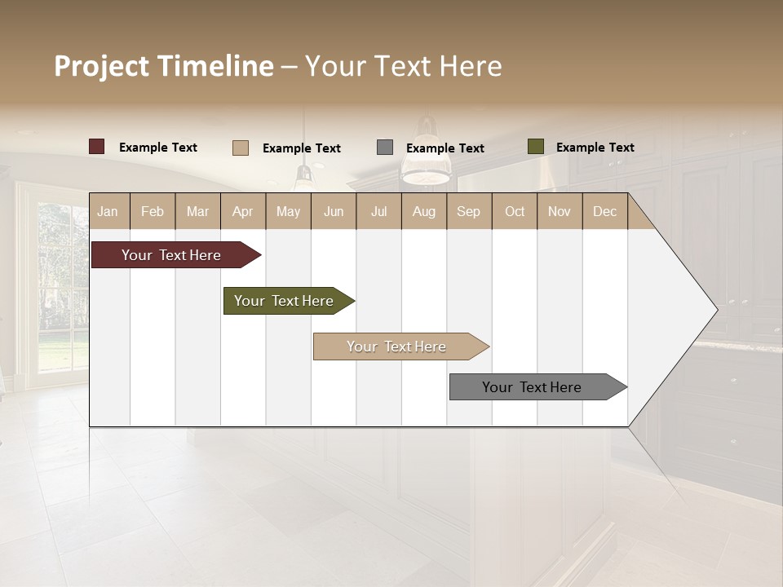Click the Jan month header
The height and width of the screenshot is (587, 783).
[108, 211]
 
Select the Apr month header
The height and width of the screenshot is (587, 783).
[242, 211]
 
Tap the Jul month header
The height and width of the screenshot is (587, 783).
[378, 211]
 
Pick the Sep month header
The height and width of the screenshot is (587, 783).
[468, 211]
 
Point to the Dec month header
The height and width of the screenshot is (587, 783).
[604, 211]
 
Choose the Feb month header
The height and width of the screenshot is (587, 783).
[153, 211]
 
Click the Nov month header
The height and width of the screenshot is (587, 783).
[559, 211]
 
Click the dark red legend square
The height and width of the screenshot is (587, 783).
[97, 147]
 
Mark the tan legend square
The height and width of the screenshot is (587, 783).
[241, 148]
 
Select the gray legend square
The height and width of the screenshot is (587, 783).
[385, 148]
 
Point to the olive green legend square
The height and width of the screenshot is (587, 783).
[536, 147]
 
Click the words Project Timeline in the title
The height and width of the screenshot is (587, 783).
[164, 66]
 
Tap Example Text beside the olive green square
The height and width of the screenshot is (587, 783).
[595, 148]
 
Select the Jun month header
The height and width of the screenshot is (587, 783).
[334, 211]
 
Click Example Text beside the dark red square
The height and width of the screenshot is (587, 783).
[157, 148]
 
